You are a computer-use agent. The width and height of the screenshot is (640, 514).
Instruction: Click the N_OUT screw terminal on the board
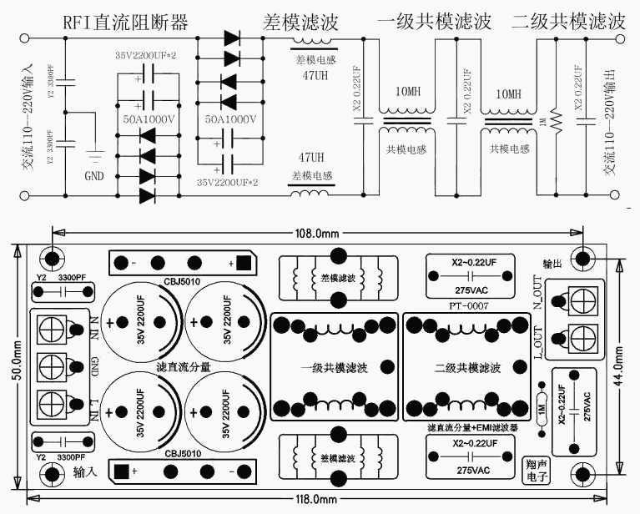582,299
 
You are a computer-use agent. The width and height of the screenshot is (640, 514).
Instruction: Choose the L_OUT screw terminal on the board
582,338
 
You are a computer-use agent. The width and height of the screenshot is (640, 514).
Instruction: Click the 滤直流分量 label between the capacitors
183,367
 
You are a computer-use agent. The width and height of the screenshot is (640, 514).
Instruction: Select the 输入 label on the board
85,472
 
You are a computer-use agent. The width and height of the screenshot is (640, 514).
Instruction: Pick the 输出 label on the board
552,262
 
